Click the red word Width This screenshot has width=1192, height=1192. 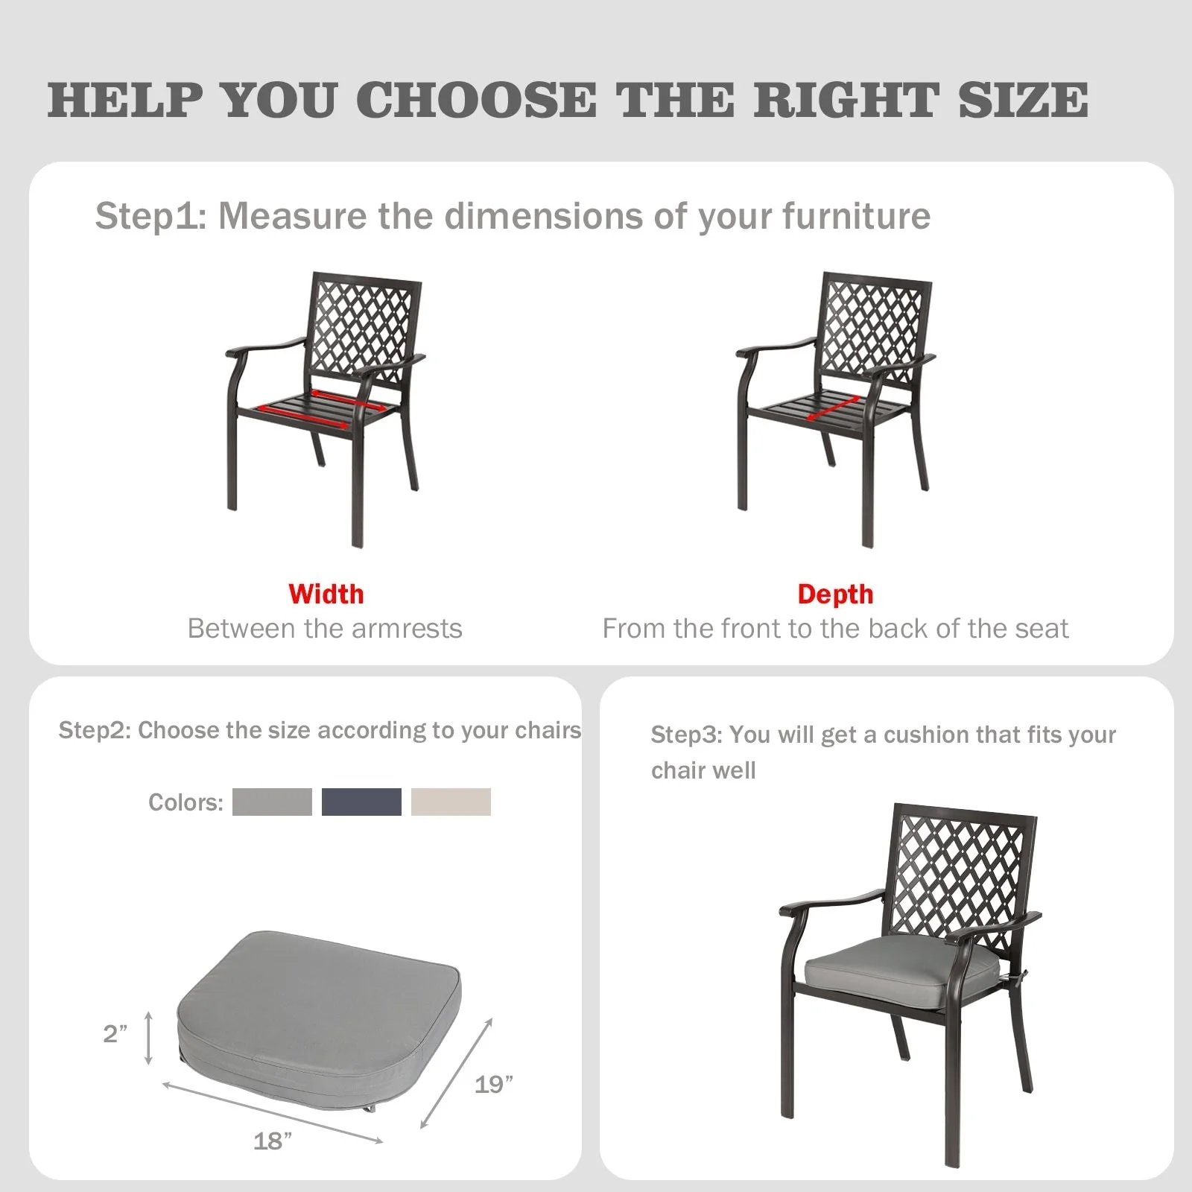[326, 594]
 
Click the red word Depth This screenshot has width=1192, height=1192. [835, 594]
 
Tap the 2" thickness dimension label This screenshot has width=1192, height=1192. [115, 1033]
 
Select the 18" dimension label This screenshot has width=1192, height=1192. [273, 1141]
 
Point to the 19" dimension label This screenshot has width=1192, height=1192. [494, 1084]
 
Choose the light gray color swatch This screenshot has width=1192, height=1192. [272, 802]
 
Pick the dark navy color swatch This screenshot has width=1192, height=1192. [361, 802]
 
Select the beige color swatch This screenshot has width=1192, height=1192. [451, 802]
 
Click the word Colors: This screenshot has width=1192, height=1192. [186, 802]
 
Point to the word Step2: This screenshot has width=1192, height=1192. [95, 730]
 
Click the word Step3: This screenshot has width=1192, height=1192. [686, 735]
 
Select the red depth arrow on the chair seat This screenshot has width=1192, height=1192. [833, 408]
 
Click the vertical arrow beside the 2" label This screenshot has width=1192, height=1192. [149, 1037]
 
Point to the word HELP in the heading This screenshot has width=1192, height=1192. [125, 100]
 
